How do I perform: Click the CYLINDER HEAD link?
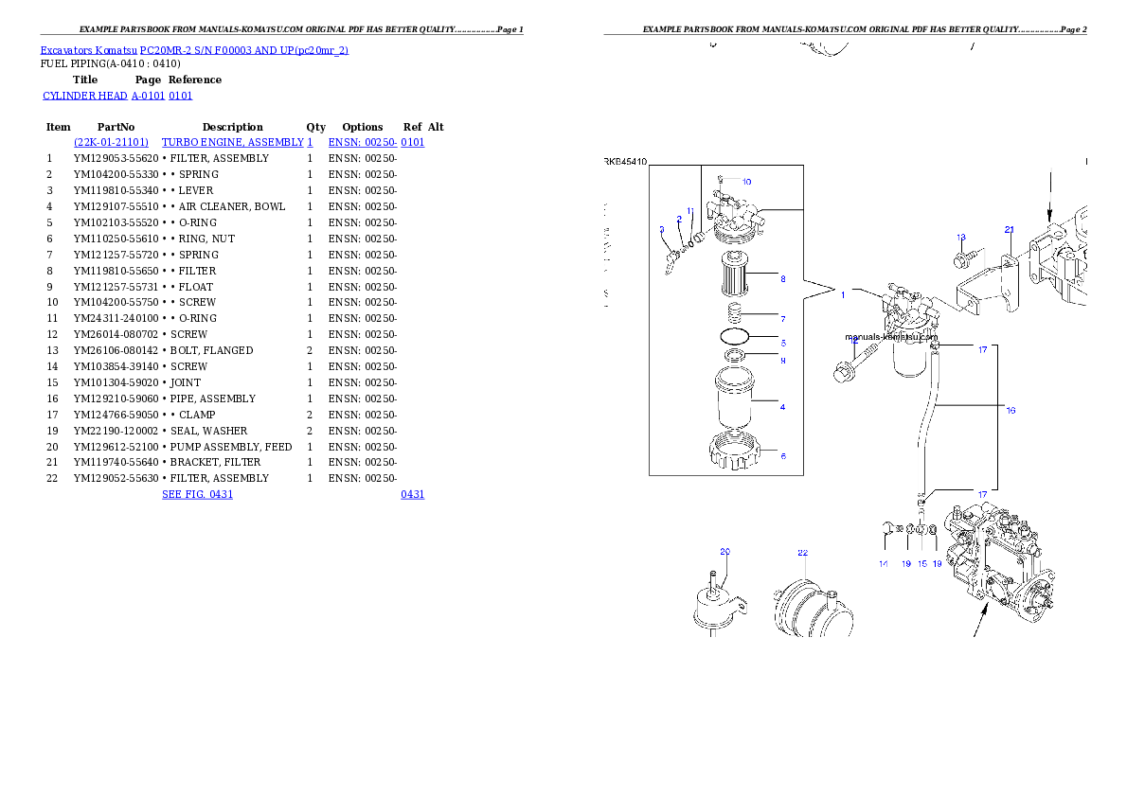(x=85, y=96)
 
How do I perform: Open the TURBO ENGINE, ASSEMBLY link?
(x=232, y=142)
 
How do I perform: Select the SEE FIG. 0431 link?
(x=198, y=494)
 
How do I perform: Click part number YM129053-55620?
(x=116, y=158)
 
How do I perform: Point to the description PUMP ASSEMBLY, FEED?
(x=231, y=447)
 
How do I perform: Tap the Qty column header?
(x=315, y=127)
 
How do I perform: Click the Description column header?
(x=232, y=127)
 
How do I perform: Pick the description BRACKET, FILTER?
(x=215, y=462)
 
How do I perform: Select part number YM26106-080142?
(x=116, y=351)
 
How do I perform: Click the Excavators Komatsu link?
(x=88, y=50)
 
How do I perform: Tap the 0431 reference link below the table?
(x=413, y=494)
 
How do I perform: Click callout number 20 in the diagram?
(x=724, y=552)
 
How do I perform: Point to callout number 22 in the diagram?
(x=802, y=553)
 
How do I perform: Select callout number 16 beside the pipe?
(x=1011, y=411)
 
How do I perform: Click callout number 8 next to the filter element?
(x=782, y=279)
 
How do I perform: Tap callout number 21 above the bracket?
(x=1010, y=230)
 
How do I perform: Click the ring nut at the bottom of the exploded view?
(x=733, y=451)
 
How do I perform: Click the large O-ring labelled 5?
(x=735, y=336)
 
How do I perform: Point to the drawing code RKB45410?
(x=625, y=162)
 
